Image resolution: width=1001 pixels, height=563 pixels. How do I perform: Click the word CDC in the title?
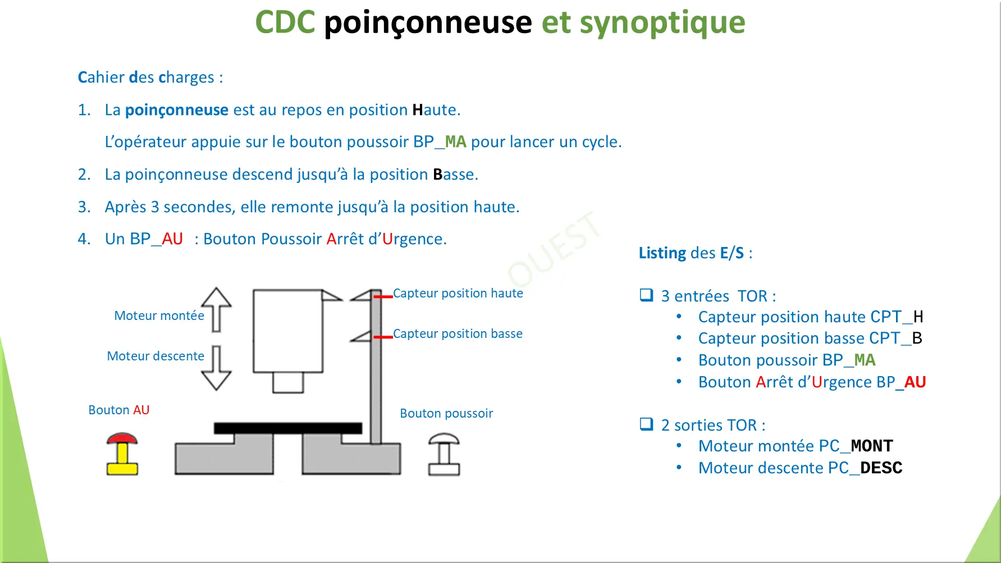(x=285, y=22)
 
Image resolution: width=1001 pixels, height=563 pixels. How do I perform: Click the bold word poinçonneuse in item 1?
(x=176, y=110)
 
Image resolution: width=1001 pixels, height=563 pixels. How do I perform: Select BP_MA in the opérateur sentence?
(x=440, y=142)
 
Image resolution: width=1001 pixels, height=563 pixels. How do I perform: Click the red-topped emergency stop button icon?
(x=122, y=454)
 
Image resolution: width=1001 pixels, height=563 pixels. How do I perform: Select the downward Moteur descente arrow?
(x=216, y=368)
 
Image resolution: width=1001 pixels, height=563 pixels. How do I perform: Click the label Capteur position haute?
(x=458, y=294)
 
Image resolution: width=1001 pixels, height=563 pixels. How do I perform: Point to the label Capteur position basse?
(x=458, y=334)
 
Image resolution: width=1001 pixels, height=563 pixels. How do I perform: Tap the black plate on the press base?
(x=287, y=428)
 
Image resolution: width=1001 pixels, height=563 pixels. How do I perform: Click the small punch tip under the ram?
(x=288, y=383)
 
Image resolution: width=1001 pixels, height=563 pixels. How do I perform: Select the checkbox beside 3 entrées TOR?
(x=646, y=295)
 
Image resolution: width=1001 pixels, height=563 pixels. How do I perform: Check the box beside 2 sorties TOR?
(x=646, y=424)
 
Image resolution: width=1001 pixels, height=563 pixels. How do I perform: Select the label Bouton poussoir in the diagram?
(x=446, y=414)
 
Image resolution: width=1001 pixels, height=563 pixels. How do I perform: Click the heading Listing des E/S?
(x=695, y=253)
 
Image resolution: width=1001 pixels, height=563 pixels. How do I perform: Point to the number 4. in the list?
(x=84, y=239)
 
